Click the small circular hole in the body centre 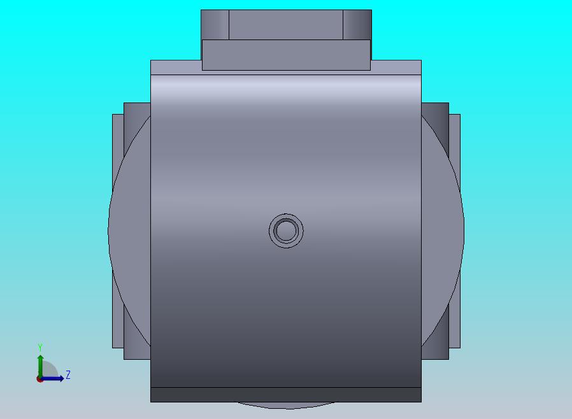tap(286, 230)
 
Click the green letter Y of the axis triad tap(40, 348)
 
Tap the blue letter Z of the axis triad tap(68, 374)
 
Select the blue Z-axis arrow tap(56, 378)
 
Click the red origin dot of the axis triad tap(39, 379)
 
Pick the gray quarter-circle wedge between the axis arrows tap(50, 371)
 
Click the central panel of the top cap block tap(286, 24)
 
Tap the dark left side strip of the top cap tap(215, 24)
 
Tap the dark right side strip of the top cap tap(357, 24)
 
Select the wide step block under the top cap tap(286, 55)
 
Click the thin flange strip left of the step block tap(176, 67)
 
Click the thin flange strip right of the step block tap(396, 67)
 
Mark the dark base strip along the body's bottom tap(286, 395)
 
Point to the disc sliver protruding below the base tap(286, 404)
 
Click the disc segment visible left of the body tap(131, 229)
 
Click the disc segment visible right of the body tap(441, 229)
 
